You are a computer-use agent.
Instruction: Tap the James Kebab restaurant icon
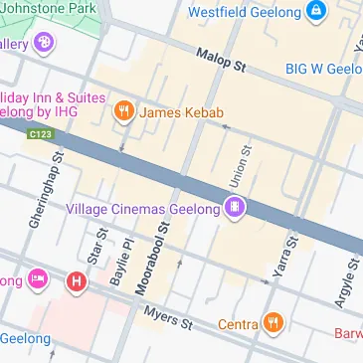coord(124,111)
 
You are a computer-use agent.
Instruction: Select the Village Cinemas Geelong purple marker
coord(236,208)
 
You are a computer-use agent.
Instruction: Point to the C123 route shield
coord(41,134)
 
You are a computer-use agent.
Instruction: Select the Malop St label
coord(221,62)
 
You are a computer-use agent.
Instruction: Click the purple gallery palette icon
coord(44,43)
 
